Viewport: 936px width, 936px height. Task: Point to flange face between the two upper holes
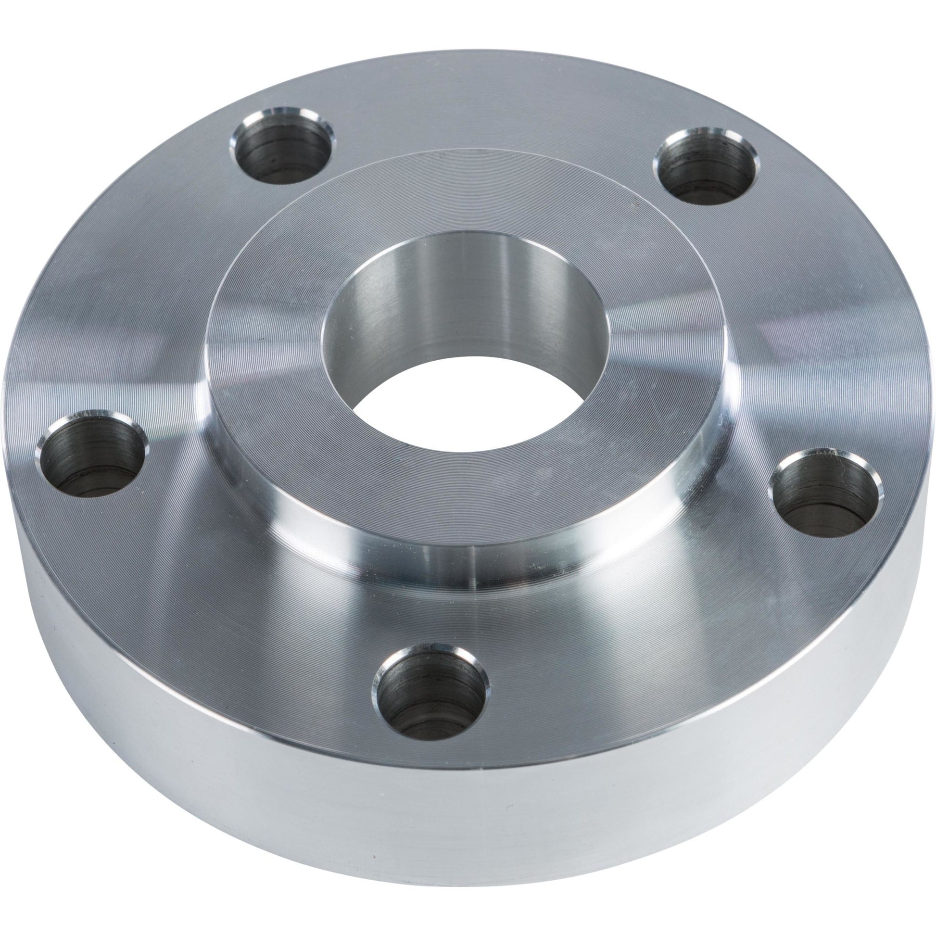[494, 121]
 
